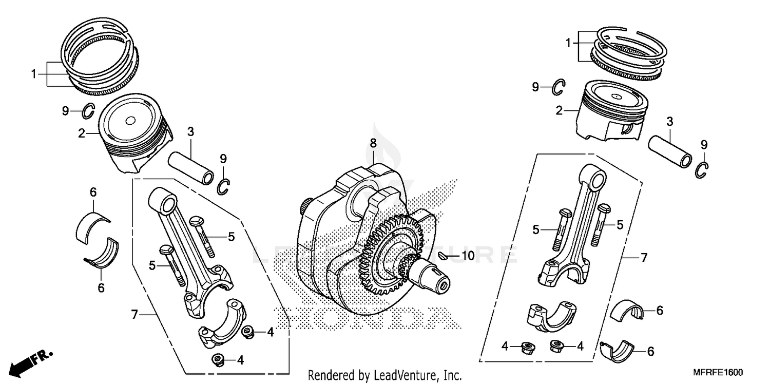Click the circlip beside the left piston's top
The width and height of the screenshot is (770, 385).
pos(88,110)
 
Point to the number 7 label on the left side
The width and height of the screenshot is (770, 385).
pos(134,315)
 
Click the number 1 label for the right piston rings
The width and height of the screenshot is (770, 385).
pos(568,44)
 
